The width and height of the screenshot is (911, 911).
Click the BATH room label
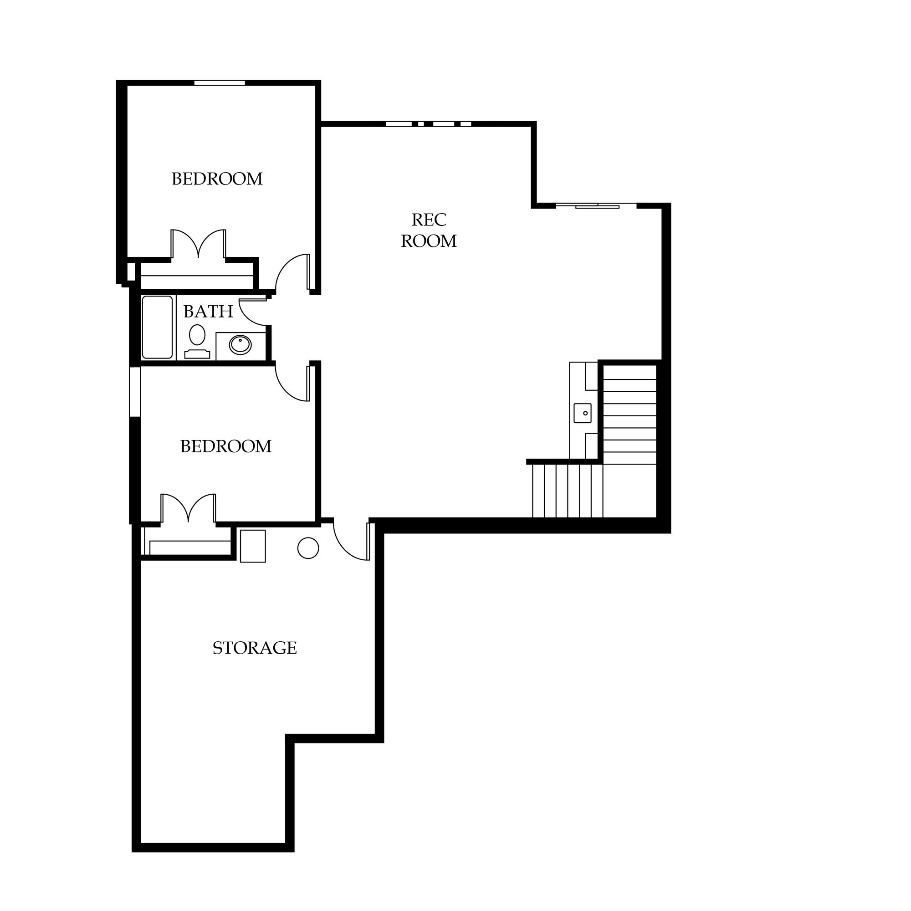(x=208, y=312)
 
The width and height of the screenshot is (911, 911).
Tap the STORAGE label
(x=255, y=648)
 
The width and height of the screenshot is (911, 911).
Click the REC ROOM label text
(x=429, y=230)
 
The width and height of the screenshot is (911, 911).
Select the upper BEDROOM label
(x=217, y=179)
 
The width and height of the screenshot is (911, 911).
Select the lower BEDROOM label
(x=226, y=446)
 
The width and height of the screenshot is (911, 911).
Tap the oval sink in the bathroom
(x=241, y=345)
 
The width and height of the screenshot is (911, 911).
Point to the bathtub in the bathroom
(x=158, y=327)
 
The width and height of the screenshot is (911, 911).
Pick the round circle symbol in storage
(x=308, y=548)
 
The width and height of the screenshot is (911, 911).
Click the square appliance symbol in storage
(x=253, y=546)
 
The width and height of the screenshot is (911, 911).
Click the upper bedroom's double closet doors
(x=199, y=243)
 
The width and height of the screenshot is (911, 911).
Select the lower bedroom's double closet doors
(x=188, y=508)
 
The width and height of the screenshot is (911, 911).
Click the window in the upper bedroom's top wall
(x=220, y=83)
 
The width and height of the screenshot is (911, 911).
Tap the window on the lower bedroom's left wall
(x=135, y=392)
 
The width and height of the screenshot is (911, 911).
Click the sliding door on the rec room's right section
(x=597, y=205)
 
